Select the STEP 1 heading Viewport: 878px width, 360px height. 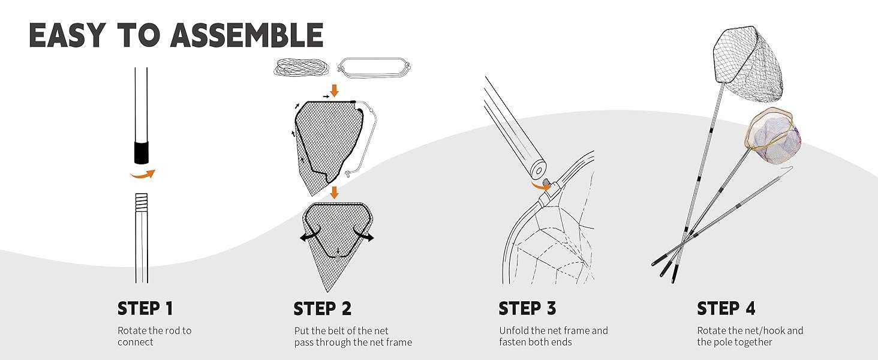145,308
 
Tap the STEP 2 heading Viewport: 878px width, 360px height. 323,308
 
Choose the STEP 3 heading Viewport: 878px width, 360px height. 527,308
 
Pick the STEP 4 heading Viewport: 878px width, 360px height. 726,308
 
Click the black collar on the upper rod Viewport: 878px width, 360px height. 142,152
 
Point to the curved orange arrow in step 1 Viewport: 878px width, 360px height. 143,175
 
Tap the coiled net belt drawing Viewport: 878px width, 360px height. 302,66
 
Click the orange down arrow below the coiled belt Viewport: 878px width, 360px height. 335,90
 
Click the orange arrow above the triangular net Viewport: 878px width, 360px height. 335,193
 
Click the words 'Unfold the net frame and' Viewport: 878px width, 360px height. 553,331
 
